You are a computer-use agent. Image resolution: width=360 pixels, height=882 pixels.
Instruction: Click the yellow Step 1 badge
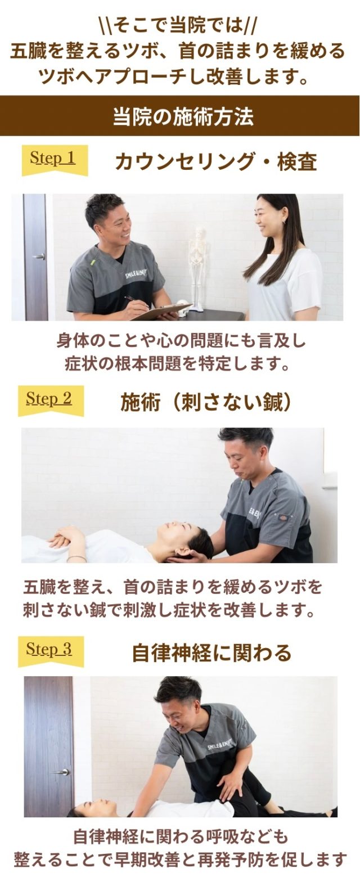click(55, 160)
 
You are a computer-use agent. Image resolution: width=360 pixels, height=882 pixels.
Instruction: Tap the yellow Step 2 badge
click(51, 400)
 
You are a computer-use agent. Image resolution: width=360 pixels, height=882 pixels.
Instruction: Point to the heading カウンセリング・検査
click(216, 162)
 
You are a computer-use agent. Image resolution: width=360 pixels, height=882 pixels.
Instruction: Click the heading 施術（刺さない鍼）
click(206, 402)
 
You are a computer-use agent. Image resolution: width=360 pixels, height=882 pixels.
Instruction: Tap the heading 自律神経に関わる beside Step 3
click(211, 653)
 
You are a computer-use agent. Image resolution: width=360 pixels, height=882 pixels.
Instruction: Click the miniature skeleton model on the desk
click(197, 268)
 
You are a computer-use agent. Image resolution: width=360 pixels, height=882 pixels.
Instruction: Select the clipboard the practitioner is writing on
click(162, 312)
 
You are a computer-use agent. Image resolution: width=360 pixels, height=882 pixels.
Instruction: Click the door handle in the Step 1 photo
click(39, 256)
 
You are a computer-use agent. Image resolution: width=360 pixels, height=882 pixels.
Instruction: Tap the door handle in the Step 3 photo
click(61, 772)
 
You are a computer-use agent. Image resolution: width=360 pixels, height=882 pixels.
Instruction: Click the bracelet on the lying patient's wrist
click(77, 558)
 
